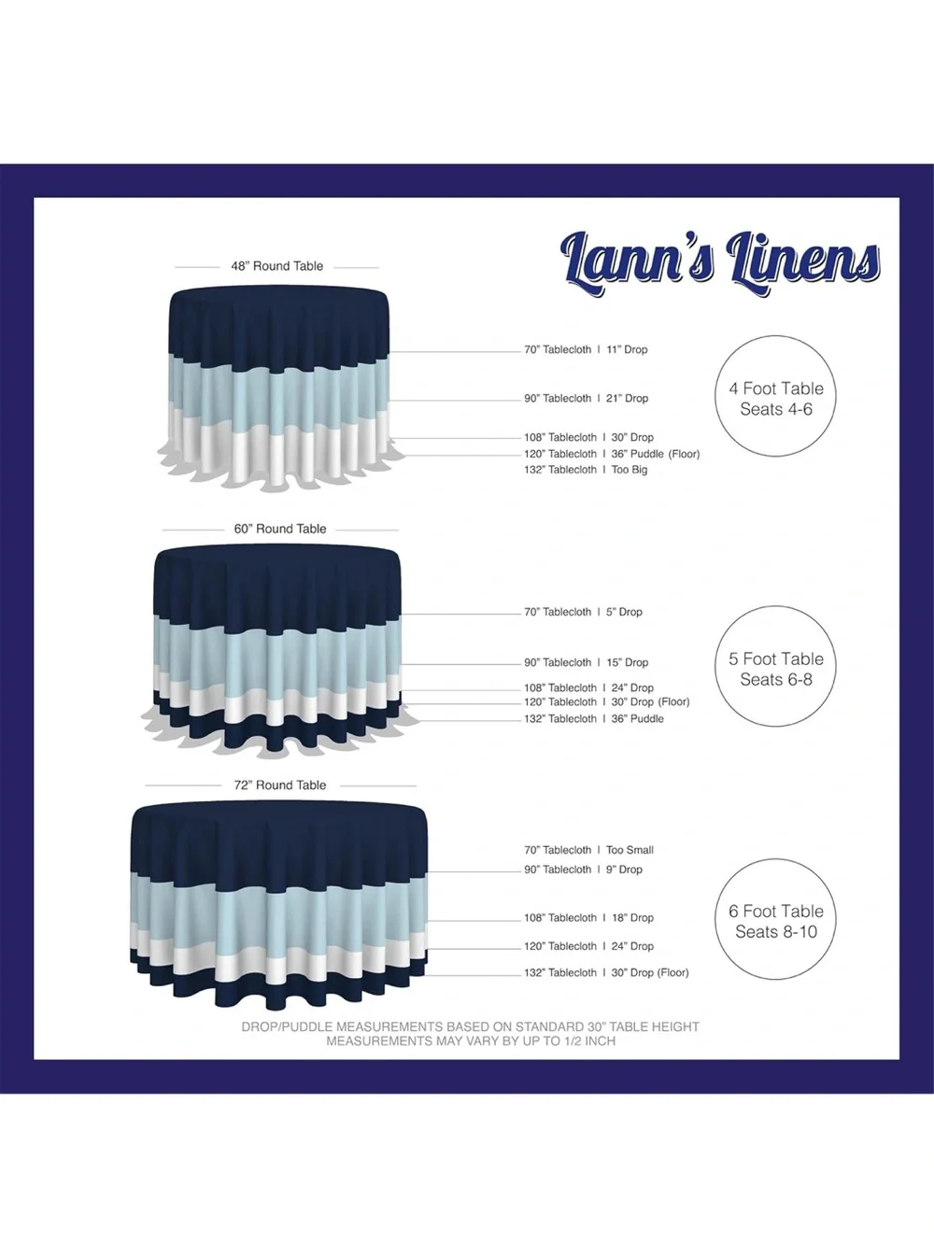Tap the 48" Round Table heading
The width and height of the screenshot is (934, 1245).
(276, 266)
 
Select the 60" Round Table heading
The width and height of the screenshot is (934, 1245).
(280, 529)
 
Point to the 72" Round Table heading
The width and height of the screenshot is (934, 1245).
(280, 785)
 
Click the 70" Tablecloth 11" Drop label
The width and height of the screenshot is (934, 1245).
(586, 349)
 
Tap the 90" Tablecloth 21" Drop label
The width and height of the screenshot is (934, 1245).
(586, 398)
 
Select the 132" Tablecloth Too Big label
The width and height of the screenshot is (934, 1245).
(586, 470)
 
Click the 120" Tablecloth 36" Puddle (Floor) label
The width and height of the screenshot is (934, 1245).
(612, 454)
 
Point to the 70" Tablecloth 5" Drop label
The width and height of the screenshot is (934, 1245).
(583, 612)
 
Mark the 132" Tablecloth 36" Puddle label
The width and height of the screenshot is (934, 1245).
(594, 718)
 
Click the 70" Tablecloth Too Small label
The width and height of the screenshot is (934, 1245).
(588, 850)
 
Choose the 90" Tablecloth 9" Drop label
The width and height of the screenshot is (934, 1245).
(583, 869)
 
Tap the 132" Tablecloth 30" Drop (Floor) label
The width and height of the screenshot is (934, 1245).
(606, 972)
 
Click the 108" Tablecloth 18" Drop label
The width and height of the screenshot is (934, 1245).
(588, 917)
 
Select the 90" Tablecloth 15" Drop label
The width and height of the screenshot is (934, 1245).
(586, 662)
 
